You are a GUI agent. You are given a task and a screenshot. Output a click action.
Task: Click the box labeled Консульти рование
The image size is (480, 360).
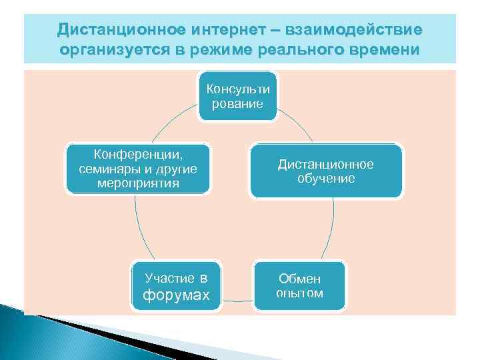click(239, 96)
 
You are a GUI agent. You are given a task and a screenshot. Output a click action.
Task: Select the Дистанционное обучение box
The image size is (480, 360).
click(326, 171)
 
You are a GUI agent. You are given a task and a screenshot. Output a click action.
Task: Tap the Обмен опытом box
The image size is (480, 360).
click(299, 286)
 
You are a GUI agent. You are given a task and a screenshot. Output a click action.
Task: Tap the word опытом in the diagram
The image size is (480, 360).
click(299, 293)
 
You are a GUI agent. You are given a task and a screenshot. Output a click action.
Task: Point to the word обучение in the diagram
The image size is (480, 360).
click(326, 179)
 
